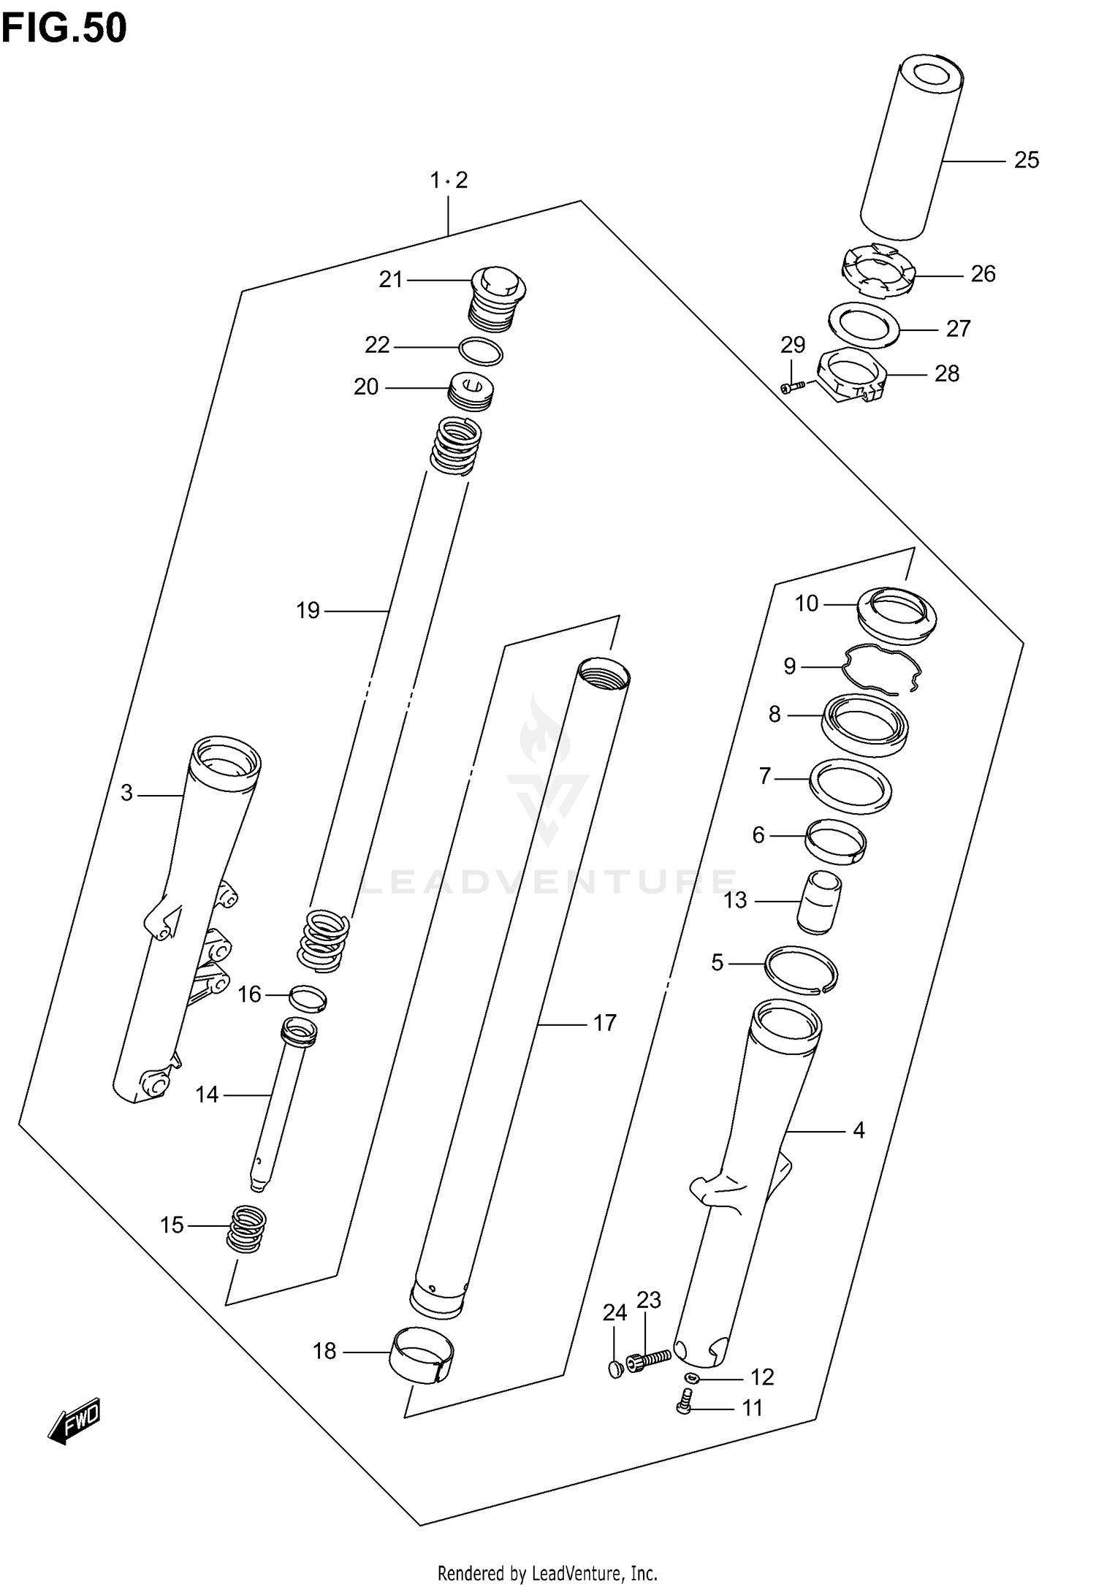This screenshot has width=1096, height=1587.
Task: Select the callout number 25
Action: (x=1026, y=160)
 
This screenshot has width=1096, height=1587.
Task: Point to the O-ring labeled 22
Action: (x=481, y=351)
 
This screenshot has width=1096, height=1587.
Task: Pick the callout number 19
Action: (x=308, y=610)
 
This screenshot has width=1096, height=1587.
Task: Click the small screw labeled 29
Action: (x=791, y=386)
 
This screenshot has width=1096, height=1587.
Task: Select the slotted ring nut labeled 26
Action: (x=877, y=273)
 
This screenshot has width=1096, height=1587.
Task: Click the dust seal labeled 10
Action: (x=896, y=615)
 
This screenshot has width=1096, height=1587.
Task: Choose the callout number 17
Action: (x=604, y=1023)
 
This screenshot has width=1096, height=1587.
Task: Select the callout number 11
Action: (x=752, y=1407)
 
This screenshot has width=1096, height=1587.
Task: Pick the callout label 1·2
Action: (x=448, y=180)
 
